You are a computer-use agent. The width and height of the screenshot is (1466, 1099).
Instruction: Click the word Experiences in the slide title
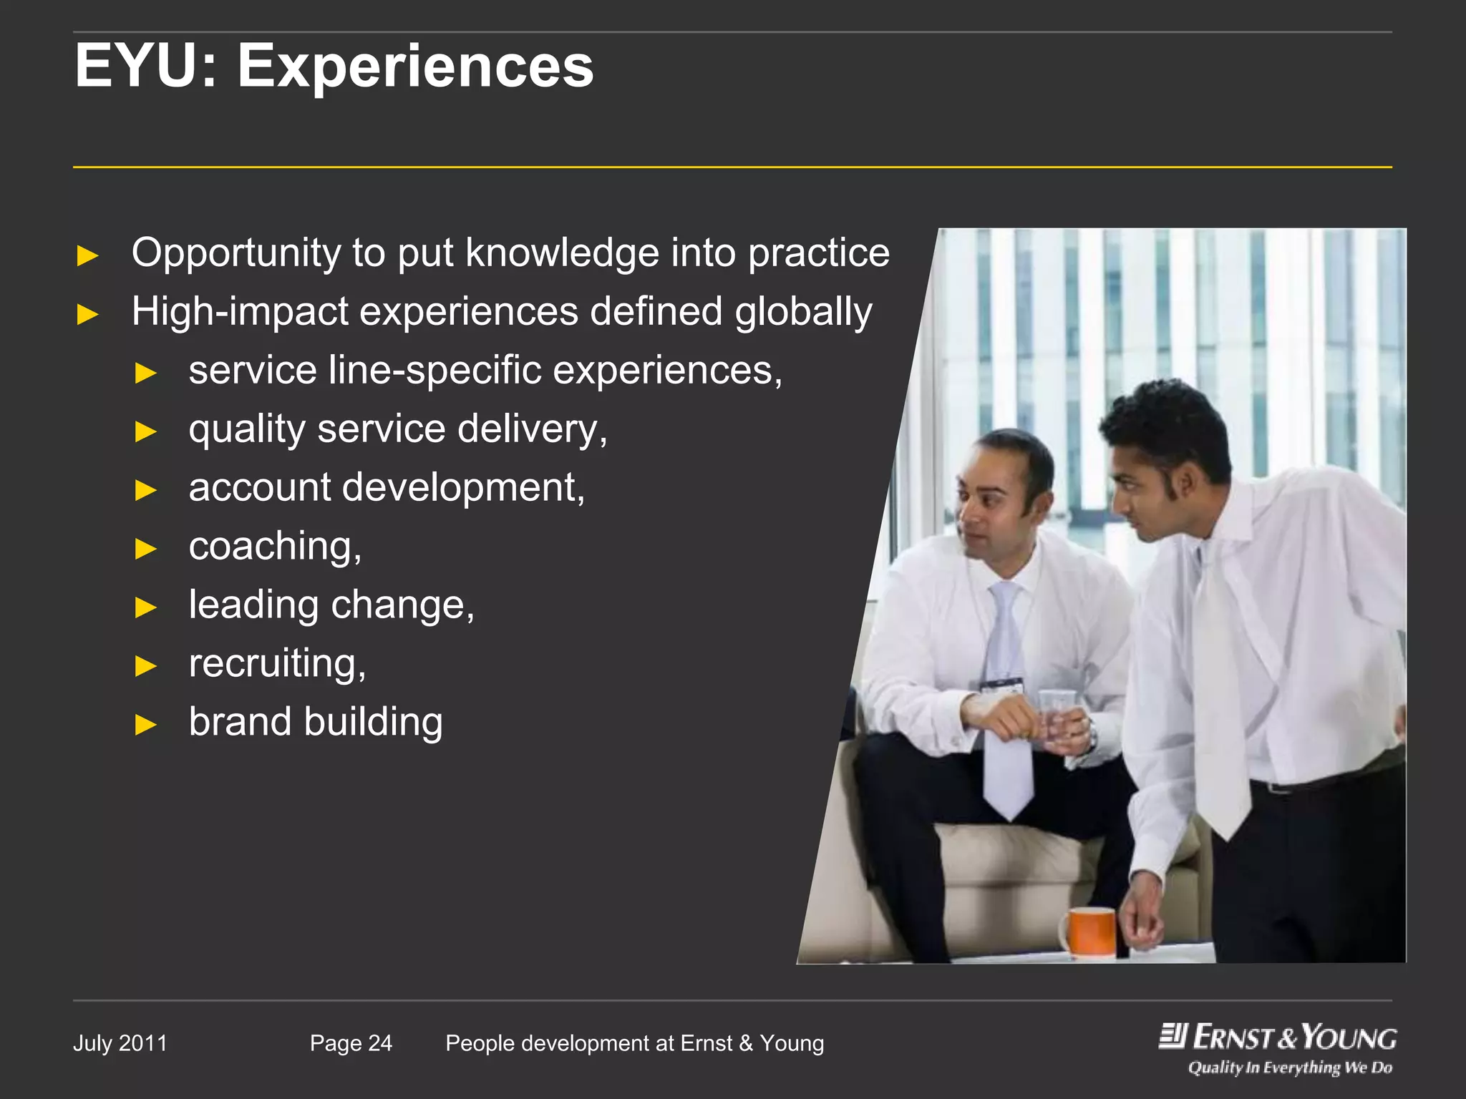pyautogui.click(x=415, y=66)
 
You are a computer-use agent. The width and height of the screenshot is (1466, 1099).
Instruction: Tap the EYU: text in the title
pyautogui.click(x=146, y=66)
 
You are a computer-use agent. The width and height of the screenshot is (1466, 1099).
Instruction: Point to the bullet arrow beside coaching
pyautogui.click(x=145, y=549)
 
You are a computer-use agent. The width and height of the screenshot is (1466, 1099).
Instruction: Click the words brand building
pyautogui.click(x=316, y=722)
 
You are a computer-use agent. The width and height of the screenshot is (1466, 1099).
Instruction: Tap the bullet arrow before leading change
pyautogui.click(x=145, y=607)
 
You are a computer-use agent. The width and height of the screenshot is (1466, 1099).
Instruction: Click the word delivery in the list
pyautogui.click(x=532, y=429)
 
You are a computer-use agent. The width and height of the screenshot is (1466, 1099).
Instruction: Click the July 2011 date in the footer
pyautogui.click(x=120, y=1043)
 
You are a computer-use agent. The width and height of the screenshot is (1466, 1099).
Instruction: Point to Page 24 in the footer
pyautogui.click(x=351, y=1043)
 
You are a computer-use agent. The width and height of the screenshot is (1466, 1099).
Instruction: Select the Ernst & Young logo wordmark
pyautogui.click(x=1278, y=1037)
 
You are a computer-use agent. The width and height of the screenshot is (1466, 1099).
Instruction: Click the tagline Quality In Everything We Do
pyautogui.click(x=1290, y=1068)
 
